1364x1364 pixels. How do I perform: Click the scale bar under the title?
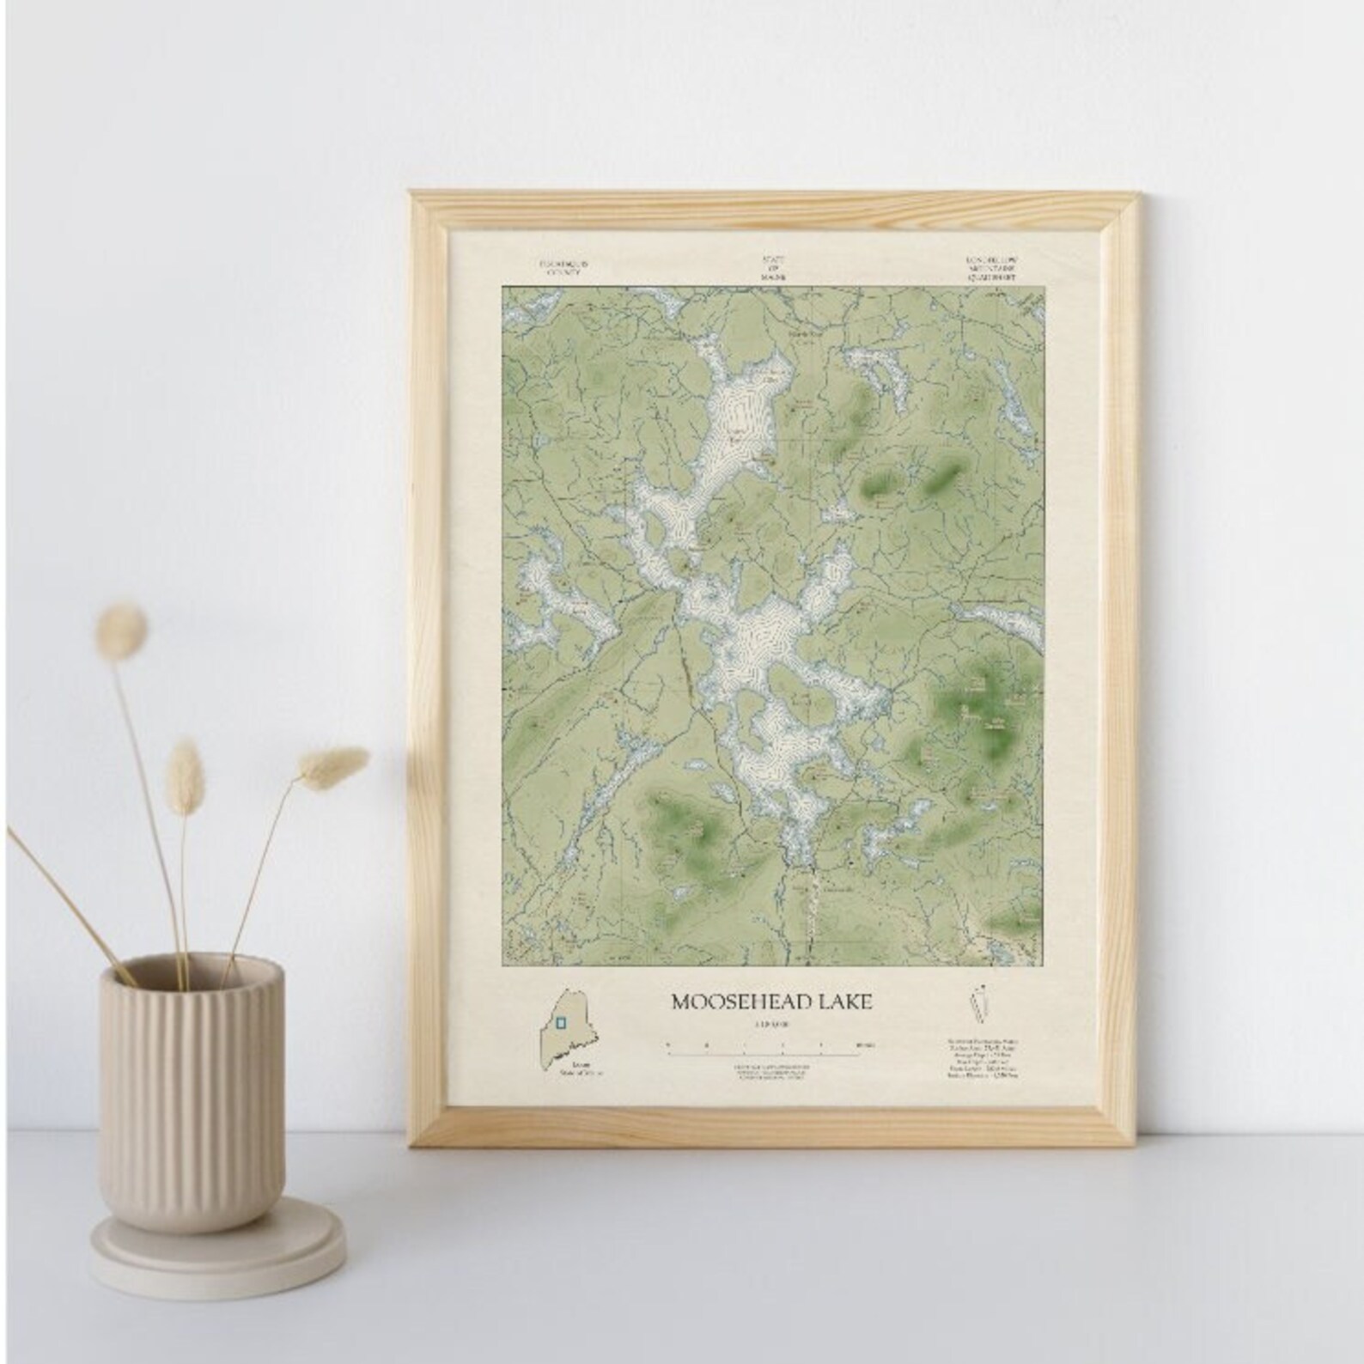tap(770, 1045)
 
